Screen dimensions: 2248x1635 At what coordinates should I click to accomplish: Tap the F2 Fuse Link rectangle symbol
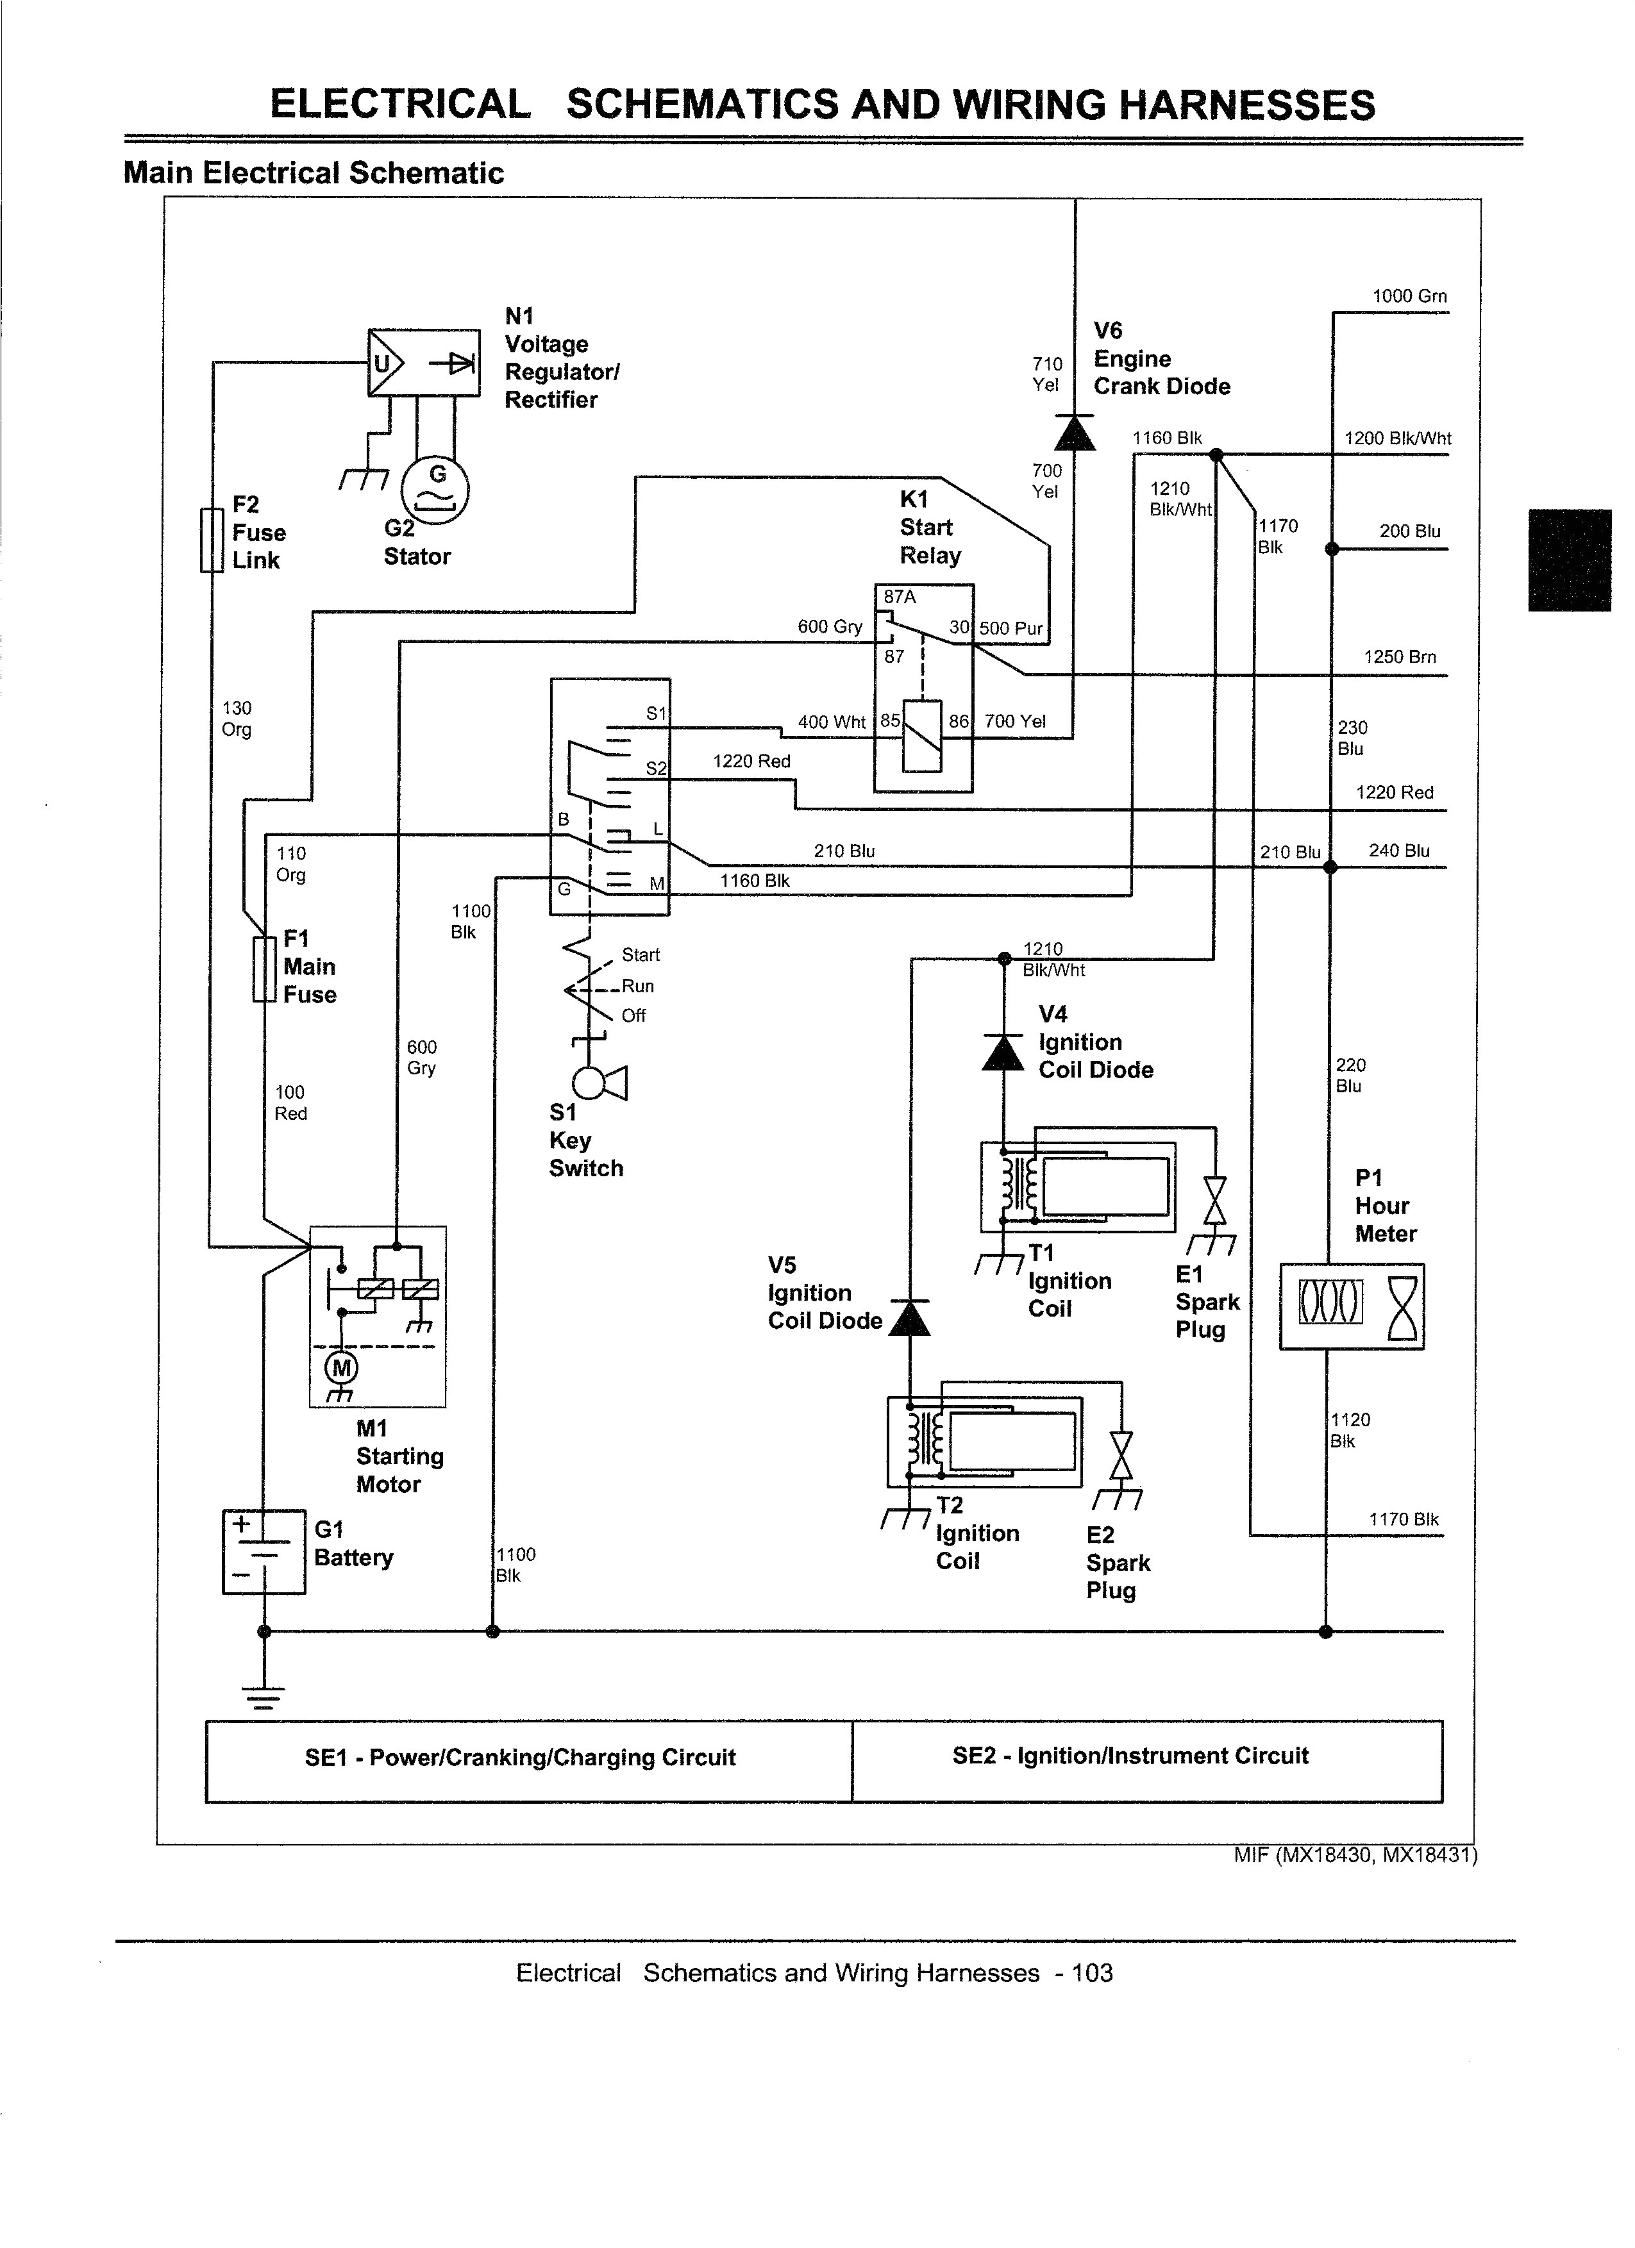tap(211, 540)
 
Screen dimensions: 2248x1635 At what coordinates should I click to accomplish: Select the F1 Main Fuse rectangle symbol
tap(263, 969)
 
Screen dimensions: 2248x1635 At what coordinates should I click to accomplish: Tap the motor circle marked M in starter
tap(341, 1369)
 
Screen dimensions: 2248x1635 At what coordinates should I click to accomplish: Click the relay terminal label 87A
tap(900, 597)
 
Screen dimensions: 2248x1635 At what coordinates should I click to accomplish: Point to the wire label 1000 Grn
tap(1409, 296)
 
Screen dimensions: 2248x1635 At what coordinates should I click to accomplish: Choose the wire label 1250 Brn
tap(1399, 656)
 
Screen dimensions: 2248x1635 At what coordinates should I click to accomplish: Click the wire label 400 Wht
tap(831, 722)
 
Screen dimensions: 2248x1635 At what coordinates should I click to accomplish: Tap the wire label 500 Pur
tap(1010, 628)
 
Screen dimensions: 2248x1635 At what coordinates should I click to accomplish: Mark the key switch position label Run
tap(637, 987)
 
